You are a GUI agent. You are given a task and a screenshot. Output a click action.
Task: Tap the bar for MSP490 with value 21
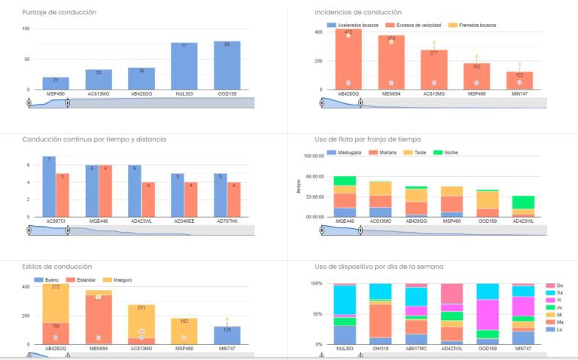[x=56, y=83]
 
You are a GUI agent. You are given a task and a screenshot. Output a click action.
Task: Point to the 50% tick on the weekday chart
[x=316, y=314]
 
